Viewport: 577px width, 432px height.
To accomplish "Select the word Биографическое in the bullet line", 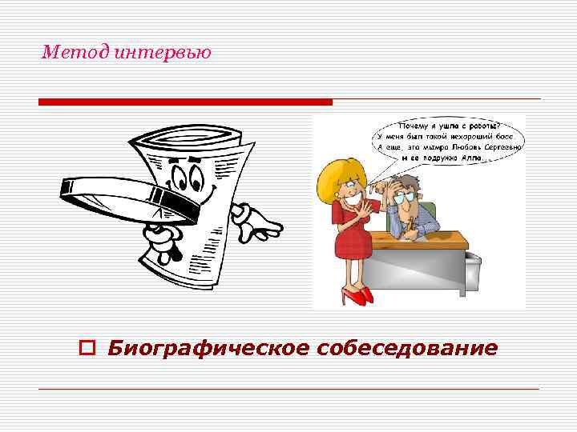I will click(209, 349).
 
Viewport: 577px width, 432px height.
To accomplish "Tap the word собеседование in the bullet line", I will click(407, 349).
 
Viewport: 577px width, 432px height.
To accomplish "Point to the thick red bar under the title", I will click(185, 102).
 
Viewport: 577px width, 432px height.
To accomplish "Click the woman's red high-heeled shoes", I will click(357, 295).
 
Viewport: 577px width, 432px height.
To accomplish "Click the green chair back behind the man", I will click(431, 211).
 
